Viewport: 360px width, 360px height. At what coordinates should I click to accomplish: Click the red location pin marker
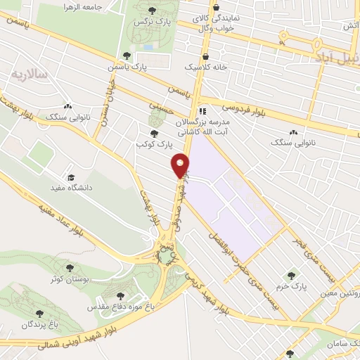pos(181,165)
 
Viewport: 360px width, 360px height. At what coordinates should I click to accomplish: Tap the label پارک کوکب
pos(154,143)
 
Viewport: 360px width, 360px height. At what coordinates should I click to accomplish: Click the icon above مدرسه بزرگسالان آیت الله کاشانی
pos(202,110)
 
